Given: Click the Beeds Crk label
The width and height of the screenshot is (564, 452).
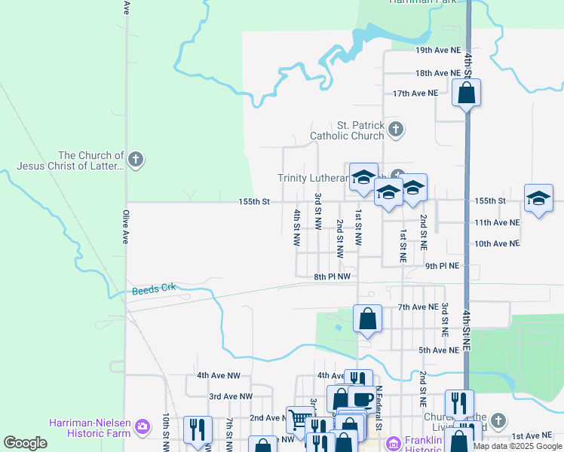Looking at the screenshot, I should pyautogui.click(x=153, y=289).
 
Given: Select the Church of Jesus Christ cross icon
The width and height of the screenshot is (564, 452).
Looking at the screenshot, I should pyautogui.click(x=135, y=160).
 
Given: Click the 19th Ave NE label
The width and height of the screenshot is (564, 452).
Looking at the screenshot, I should pyautogui.click(x=437, y=50).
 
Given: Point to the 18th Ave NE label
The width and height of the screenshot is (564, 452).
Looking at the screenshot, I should pyautogui.click(x=437, y=74).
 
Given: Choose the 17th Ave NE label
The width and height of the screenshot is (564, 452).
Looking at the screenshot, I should pyautogui.click(x=415, y=93).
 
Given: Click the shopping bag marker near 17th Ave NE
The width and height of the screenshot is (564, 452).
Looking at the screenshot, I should pyautogui.click(x=466, y=94).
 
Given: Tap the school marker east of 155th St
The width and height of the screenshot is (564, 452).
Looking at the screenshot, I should pyautogui.click(x=538, y=198).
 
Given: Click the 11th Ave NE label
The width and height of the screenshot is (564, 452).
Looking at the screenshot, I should pyautogui.click(x=497, y=223).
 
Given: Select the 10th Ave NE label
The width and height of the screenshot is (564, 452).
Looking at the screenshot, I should pyautogui.click(x=497, y=244).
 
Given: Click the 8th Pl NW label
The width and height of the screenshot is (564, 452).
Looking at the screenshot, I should pyautogui.click(x=333, y=277).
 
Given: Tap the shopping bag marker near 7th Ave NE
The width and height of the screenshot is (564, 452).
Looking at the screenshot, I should pyautogui.click(x=367, y=319).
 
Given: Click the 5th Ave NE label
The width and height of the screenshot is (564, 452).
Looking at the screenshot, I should pyautogui.click(x=439, y=350).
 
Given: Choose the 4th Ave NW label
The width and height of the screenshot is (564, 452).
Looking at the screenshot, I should pyautogui.click(x=219, y=375).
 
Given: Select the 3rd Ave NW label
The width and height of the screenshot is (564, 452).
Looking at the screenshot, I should pyautogui.click(x=231, y=396).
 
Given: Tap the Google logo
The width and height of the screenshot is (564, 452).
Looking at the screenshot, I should pyautogui.click(x=26, y=443).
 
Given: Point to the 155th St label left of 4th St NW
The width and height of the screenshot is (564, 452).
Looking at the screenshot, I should pyautogui.click(x=254, y=202).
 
